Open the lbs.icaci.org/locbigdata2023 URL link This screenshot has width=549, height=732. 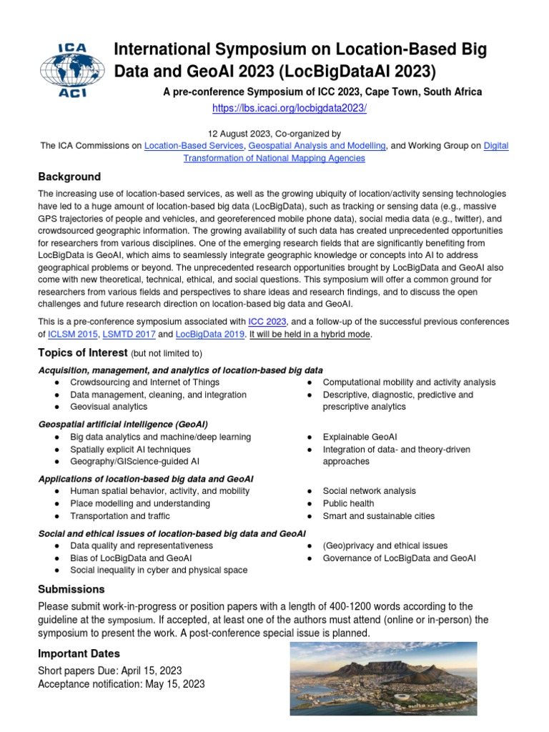pos(290,108)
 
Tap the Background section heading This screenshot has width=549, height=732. pos(69,177)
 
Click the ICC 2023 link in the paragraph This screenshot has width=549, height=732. pos(267,322)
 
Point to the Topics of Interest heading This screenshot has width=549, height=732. pos(82,353)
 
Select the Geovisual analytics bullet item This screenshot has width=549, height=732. pos(109,407)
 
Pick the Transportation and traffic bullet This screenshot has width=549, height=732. pos(120,516)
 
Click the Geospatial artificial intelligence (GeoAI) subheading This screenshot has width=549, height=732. pos(124,424)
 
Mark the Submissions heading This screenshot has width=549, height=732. pos(71,589)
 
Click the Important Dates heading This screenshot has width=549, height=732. pos(79,653)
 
